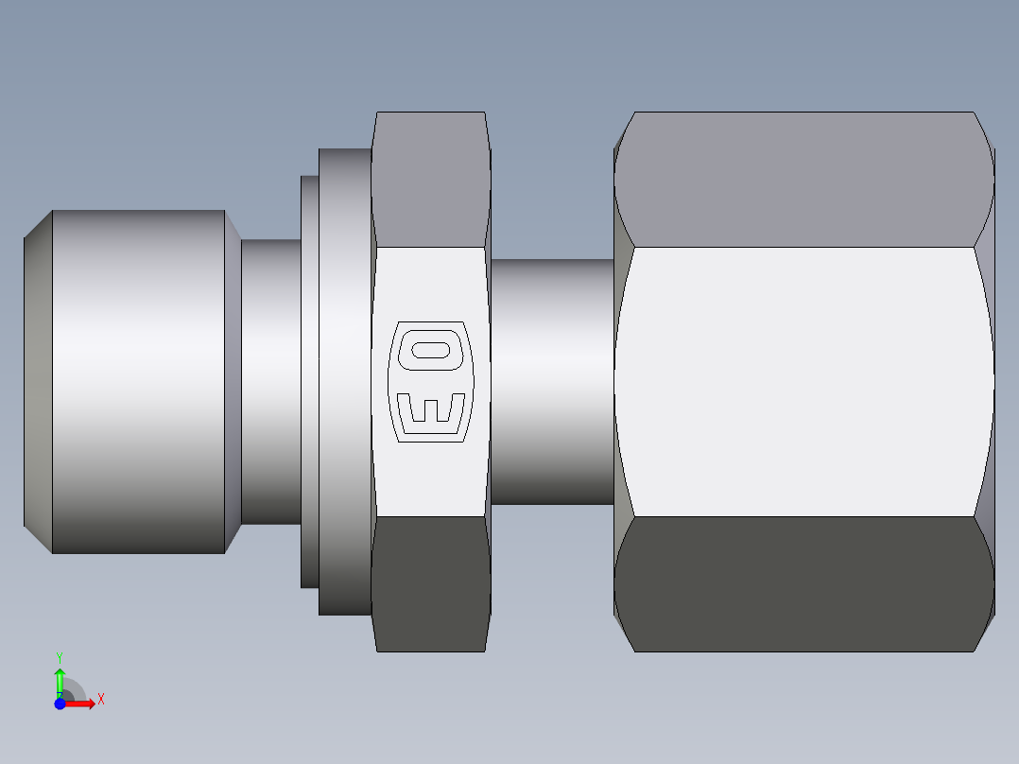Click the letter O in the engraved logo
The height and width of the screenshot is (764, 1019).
[x=430, y=350]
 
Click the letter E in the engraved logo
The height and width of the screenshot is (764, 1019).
[x=430, y=410]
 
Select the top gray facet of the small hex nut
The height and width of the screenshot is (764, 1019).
[x=431, y=180]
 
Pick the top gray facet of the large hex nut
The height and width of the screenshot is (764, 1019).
[x=803, y=180]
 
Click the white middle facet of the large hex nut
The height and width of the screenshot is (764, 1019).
[x=803, y=382]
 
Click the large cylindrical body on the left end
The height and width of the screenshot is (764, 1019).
[x=138, y=382]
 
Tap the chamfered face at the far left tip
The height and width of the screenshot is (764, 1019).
[x=37, y=382]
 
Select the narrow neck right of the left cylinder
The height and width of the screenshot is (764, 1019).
[x=270, y=382]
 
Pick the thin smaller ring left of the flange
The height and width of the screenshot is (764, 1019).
[x=309, y=382]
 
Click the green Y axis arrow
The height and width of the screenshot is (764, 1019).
[x=60, y=680]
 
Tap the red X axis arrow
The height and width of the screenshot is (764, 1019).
[x=81, y=703]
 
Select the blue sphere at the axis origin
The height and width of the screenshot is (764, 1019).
[x=60, y=703]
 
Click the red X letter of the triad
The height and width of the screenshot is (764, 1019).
[x=100, y=700]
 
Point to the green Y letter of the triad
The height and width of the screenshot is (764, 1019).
[x=60, y=656]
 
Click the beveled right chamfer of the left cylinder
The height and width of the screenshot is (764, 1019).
[x=233, y=382]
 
